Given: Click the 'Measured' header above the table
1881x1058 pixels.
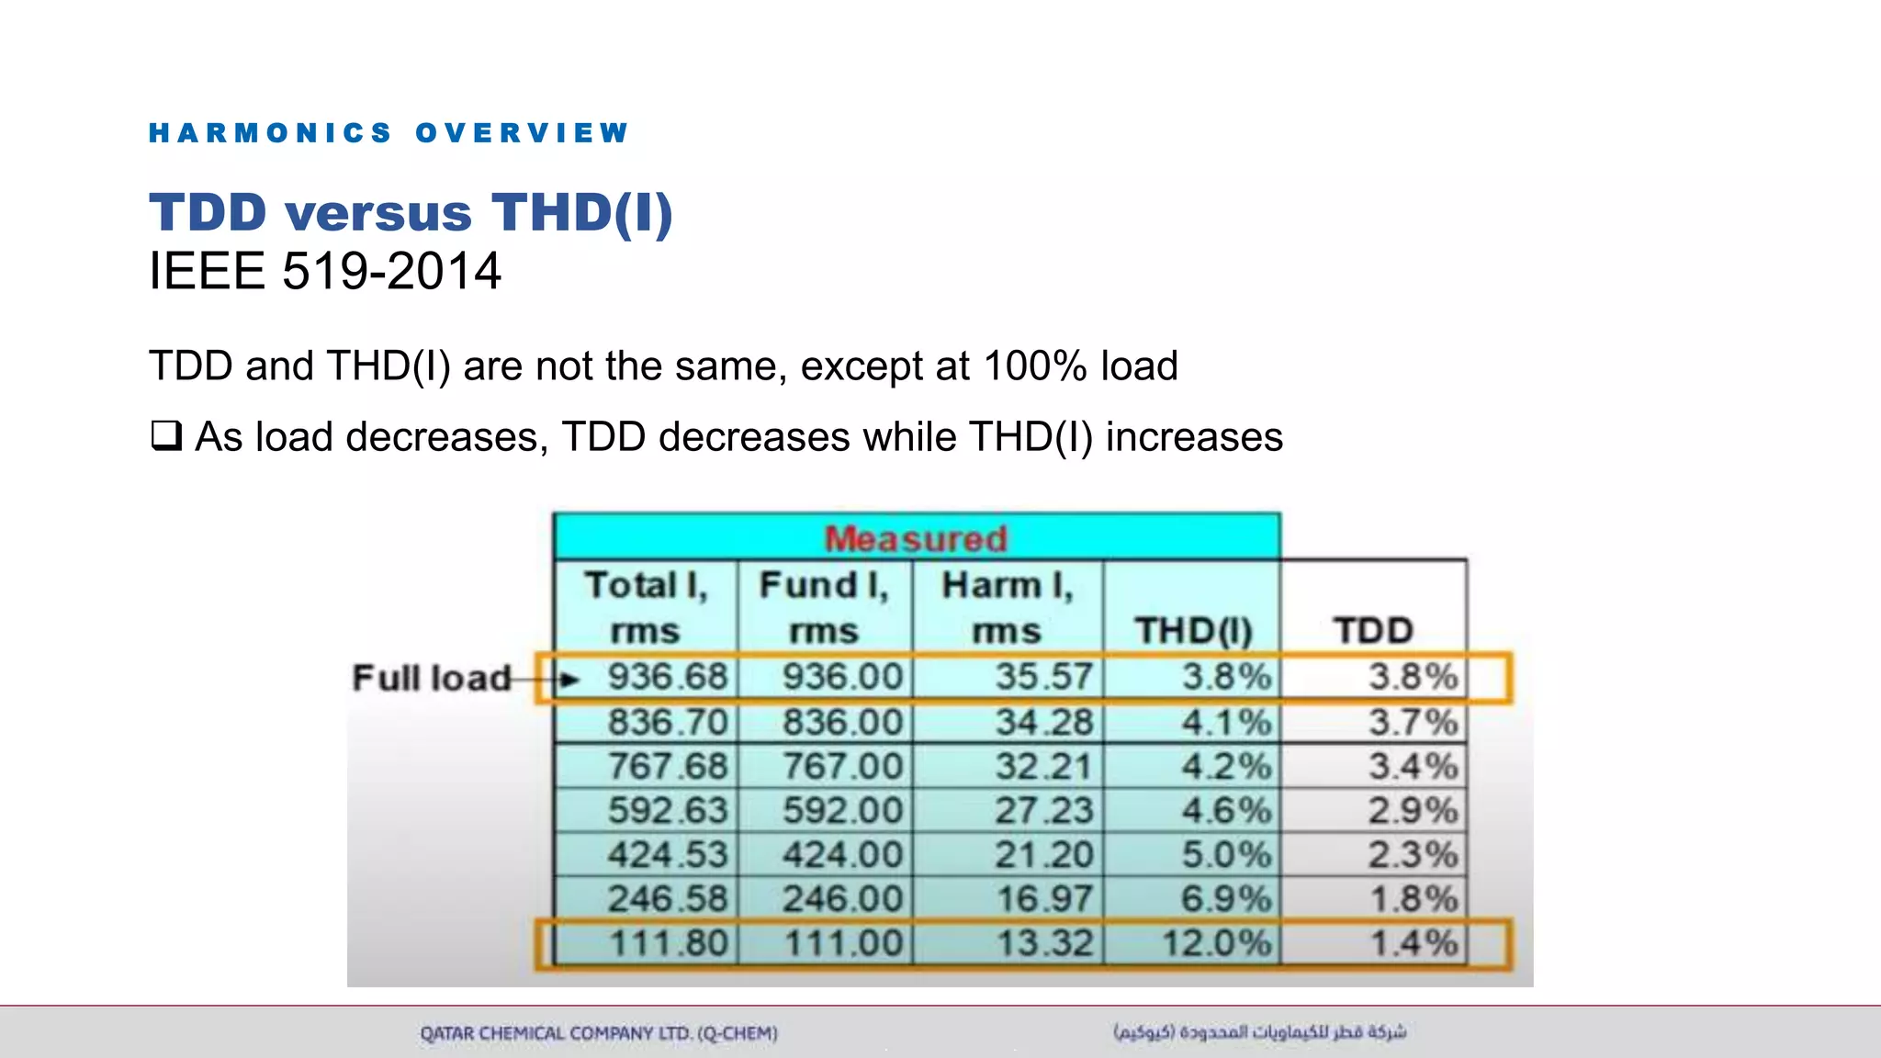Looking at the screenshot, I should click(916, 538).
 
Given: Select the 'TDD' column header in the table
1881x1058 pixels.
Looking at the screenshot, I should click(1373, 630).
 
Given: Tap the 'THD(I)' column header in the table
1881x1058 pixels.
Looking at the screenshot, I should click(1193, 630).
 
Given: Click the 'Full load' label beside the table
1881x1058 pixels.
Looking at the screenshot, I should click(431, 678).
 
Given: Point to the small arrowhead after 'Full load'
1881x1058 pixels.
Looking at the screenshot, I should click(569, 680).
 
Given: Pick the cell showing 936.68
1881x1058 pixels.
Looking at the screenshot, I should click(667, 677).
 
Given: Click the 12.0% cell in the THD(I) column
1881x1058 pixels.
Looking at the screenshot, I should click(1217, 943).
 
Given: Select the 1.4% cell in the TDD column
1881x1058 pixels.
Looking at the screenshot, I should click(1414, 943).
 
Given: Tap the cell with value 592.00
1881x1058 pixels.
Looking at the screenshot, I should click(842, 810).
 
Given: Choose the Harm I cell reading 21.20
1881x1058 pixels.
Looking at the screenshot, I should click(1044, 855).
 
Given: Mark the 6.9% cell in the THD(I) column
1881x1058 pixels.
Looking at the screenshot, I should click(1226, 898).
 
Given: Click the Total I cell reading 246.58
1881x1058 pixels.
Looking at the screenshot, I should click(667, 898).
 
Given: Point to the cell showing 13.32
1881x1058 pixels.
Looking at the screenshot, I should click(1045, 943).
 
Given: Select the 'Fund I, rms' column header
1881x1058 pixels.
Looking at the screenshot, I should click(824, 607).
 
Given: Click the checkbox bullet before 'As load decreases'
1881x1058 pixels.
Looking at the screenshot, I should click(166, 435).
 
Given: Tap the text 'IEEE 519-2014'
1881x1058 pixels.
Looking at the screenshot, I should click(325, 271).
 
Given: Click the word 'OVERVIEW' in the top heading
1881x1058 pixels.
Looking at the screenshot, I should click(522, 133).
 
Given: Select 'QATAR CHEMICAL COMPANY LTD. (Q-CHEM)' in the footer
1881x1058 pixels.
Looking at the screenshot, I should click(599, 1033).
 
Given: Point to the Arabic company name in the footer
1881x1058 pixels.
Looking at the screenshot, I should click(1259, 1032).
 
